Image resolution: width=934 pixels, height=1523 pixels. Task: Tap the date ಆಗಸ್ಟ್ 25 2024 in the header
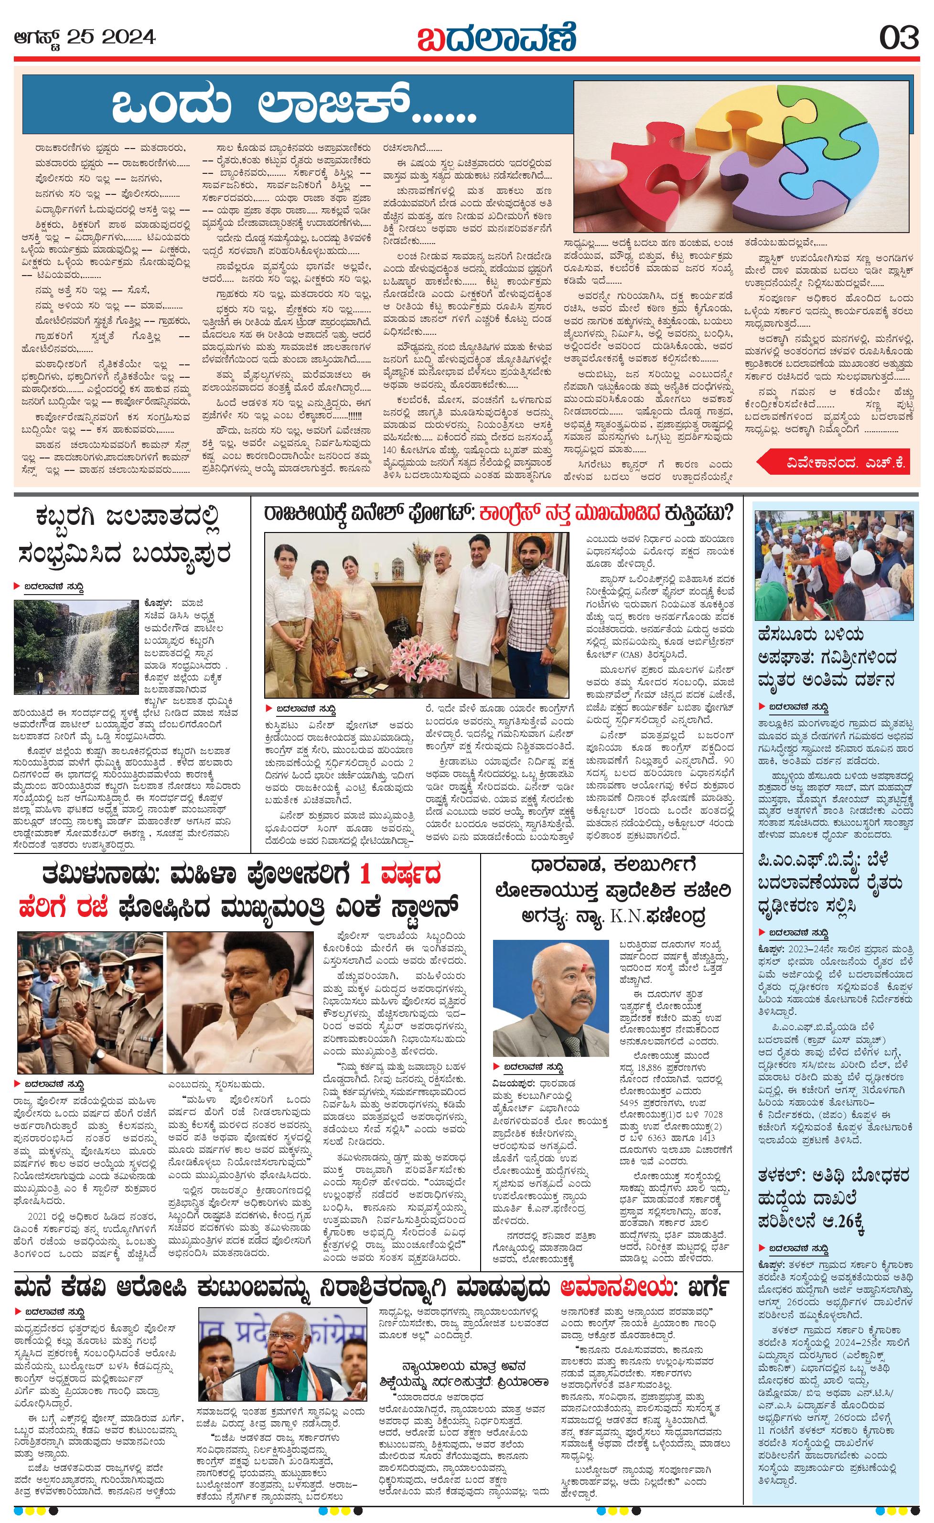click(85, 38)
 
